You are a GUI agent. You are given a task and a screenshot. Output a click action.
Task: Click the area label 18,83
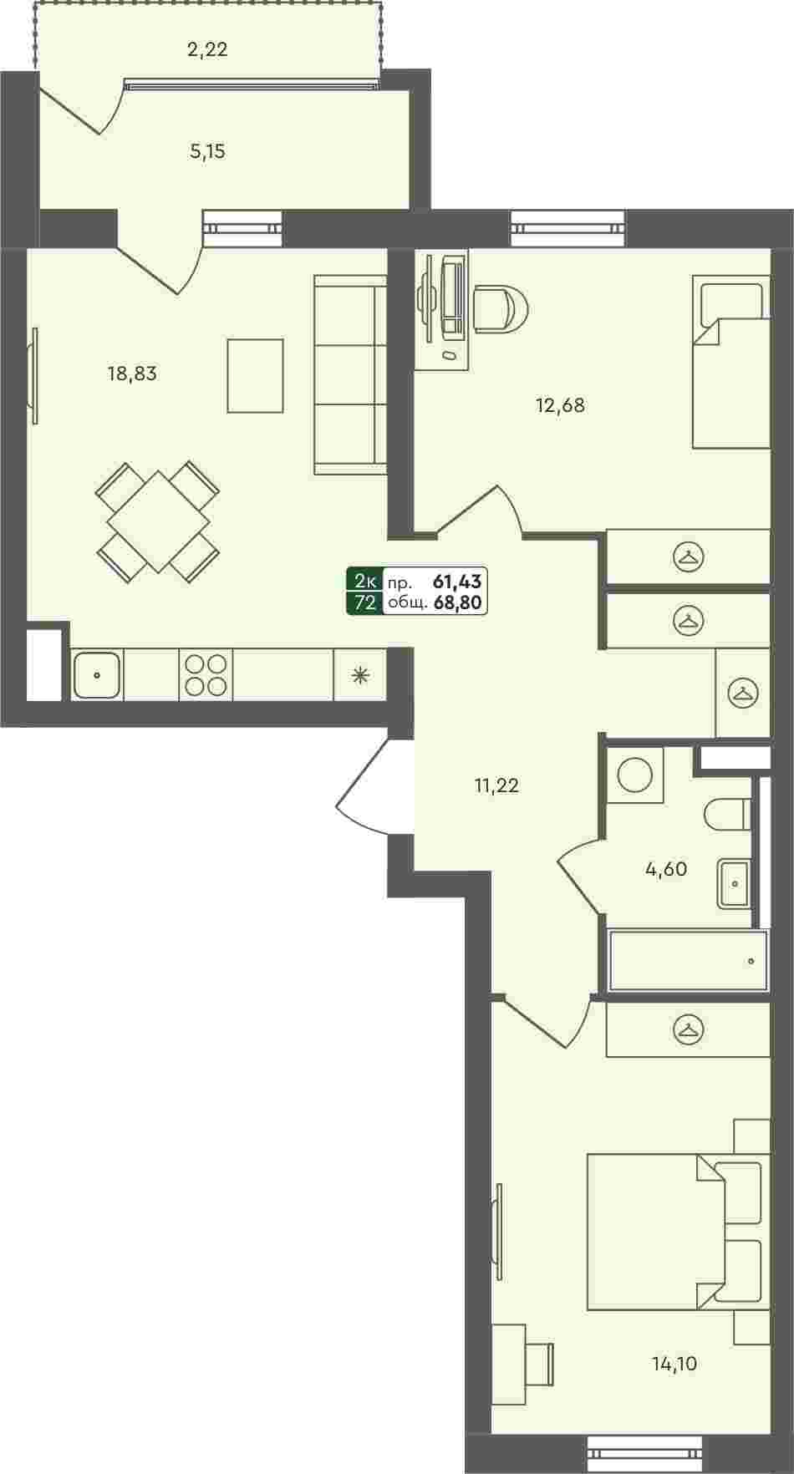(132, 374)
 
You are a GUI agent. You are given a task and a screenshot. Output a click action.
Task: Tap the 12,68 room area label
(560, 405)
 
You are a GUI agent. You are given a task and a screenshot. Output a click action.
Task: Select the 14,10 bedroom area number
(674, 1364)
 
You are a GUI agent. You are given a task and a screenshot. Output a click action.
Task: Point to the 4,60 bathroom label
(666, 869)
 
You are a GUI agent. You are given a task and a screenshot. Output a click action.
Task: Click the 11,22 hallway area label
(496, 785)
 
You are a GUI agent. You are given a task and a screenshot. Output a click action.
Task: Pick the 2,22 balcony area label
(207, 49)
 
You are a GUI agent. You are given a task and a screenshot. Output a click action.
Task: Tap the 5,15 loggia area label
(207, 152)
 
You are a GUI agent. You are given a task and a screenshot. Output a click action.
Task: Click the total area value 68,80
(458, 602)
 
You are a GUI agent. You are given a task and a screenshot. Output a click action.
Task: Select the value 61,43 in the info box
(458, 581)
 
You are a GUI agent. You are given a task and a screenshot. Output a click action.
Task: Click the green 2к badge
(365, 581)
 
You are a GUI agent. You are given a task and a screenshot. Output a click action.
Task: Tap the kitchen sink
(97, 674)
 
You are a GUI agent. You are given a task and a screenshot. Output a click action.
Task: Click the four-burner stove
(206, 674)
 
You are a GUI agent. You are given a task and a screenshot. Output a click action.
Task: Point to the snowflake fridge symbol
(360, 674)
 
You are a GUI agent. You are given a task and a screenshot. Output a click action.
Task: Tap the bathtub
(688, 960)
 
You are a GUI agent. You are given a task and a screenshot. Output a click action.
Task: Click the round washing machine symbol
(634, 775)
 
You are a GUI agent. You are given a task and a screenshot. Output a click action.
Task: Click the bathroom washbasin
(735, 882)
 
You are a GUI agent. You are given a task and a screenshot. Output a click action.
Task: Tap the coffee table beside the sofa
(256, 375)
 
